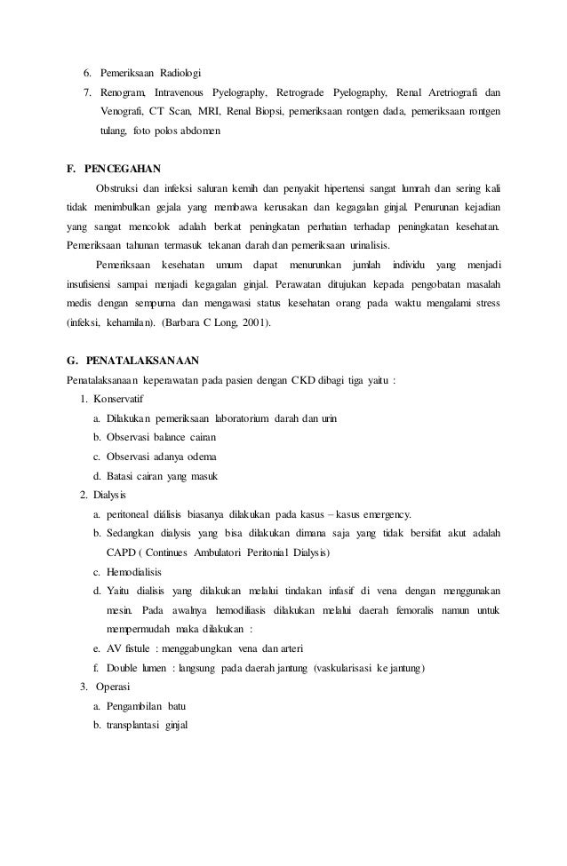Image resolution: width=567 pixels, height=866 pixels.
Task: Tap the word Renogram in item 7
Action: tap(124, 91)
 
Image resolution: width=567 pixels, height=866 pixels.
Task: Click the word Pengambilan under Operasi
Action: tap(134, 706)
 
